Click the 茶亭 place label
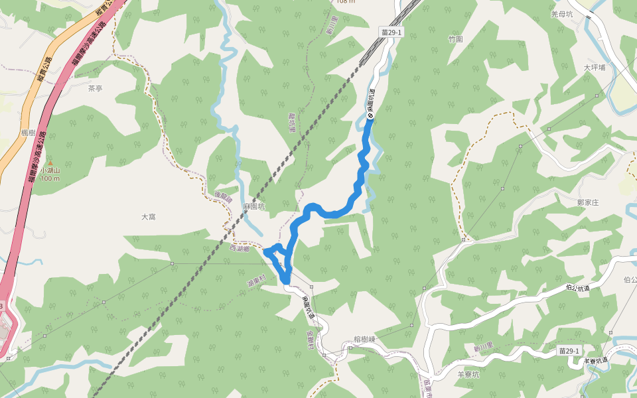click(96, 88)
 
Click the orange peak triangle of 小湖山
click(50, 163)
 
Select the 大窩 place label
click(149, 217)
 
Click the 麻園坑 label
click(253, 207)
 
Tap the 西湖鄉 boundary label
click(240, 249)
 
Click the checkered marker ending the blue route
click(370, 117)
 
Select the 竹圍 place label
click(455, 39)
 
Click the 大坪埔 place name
click(595, 68)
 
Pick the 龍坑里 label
click(292, 122)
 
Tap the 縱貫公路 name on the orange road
click(44, 66)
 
